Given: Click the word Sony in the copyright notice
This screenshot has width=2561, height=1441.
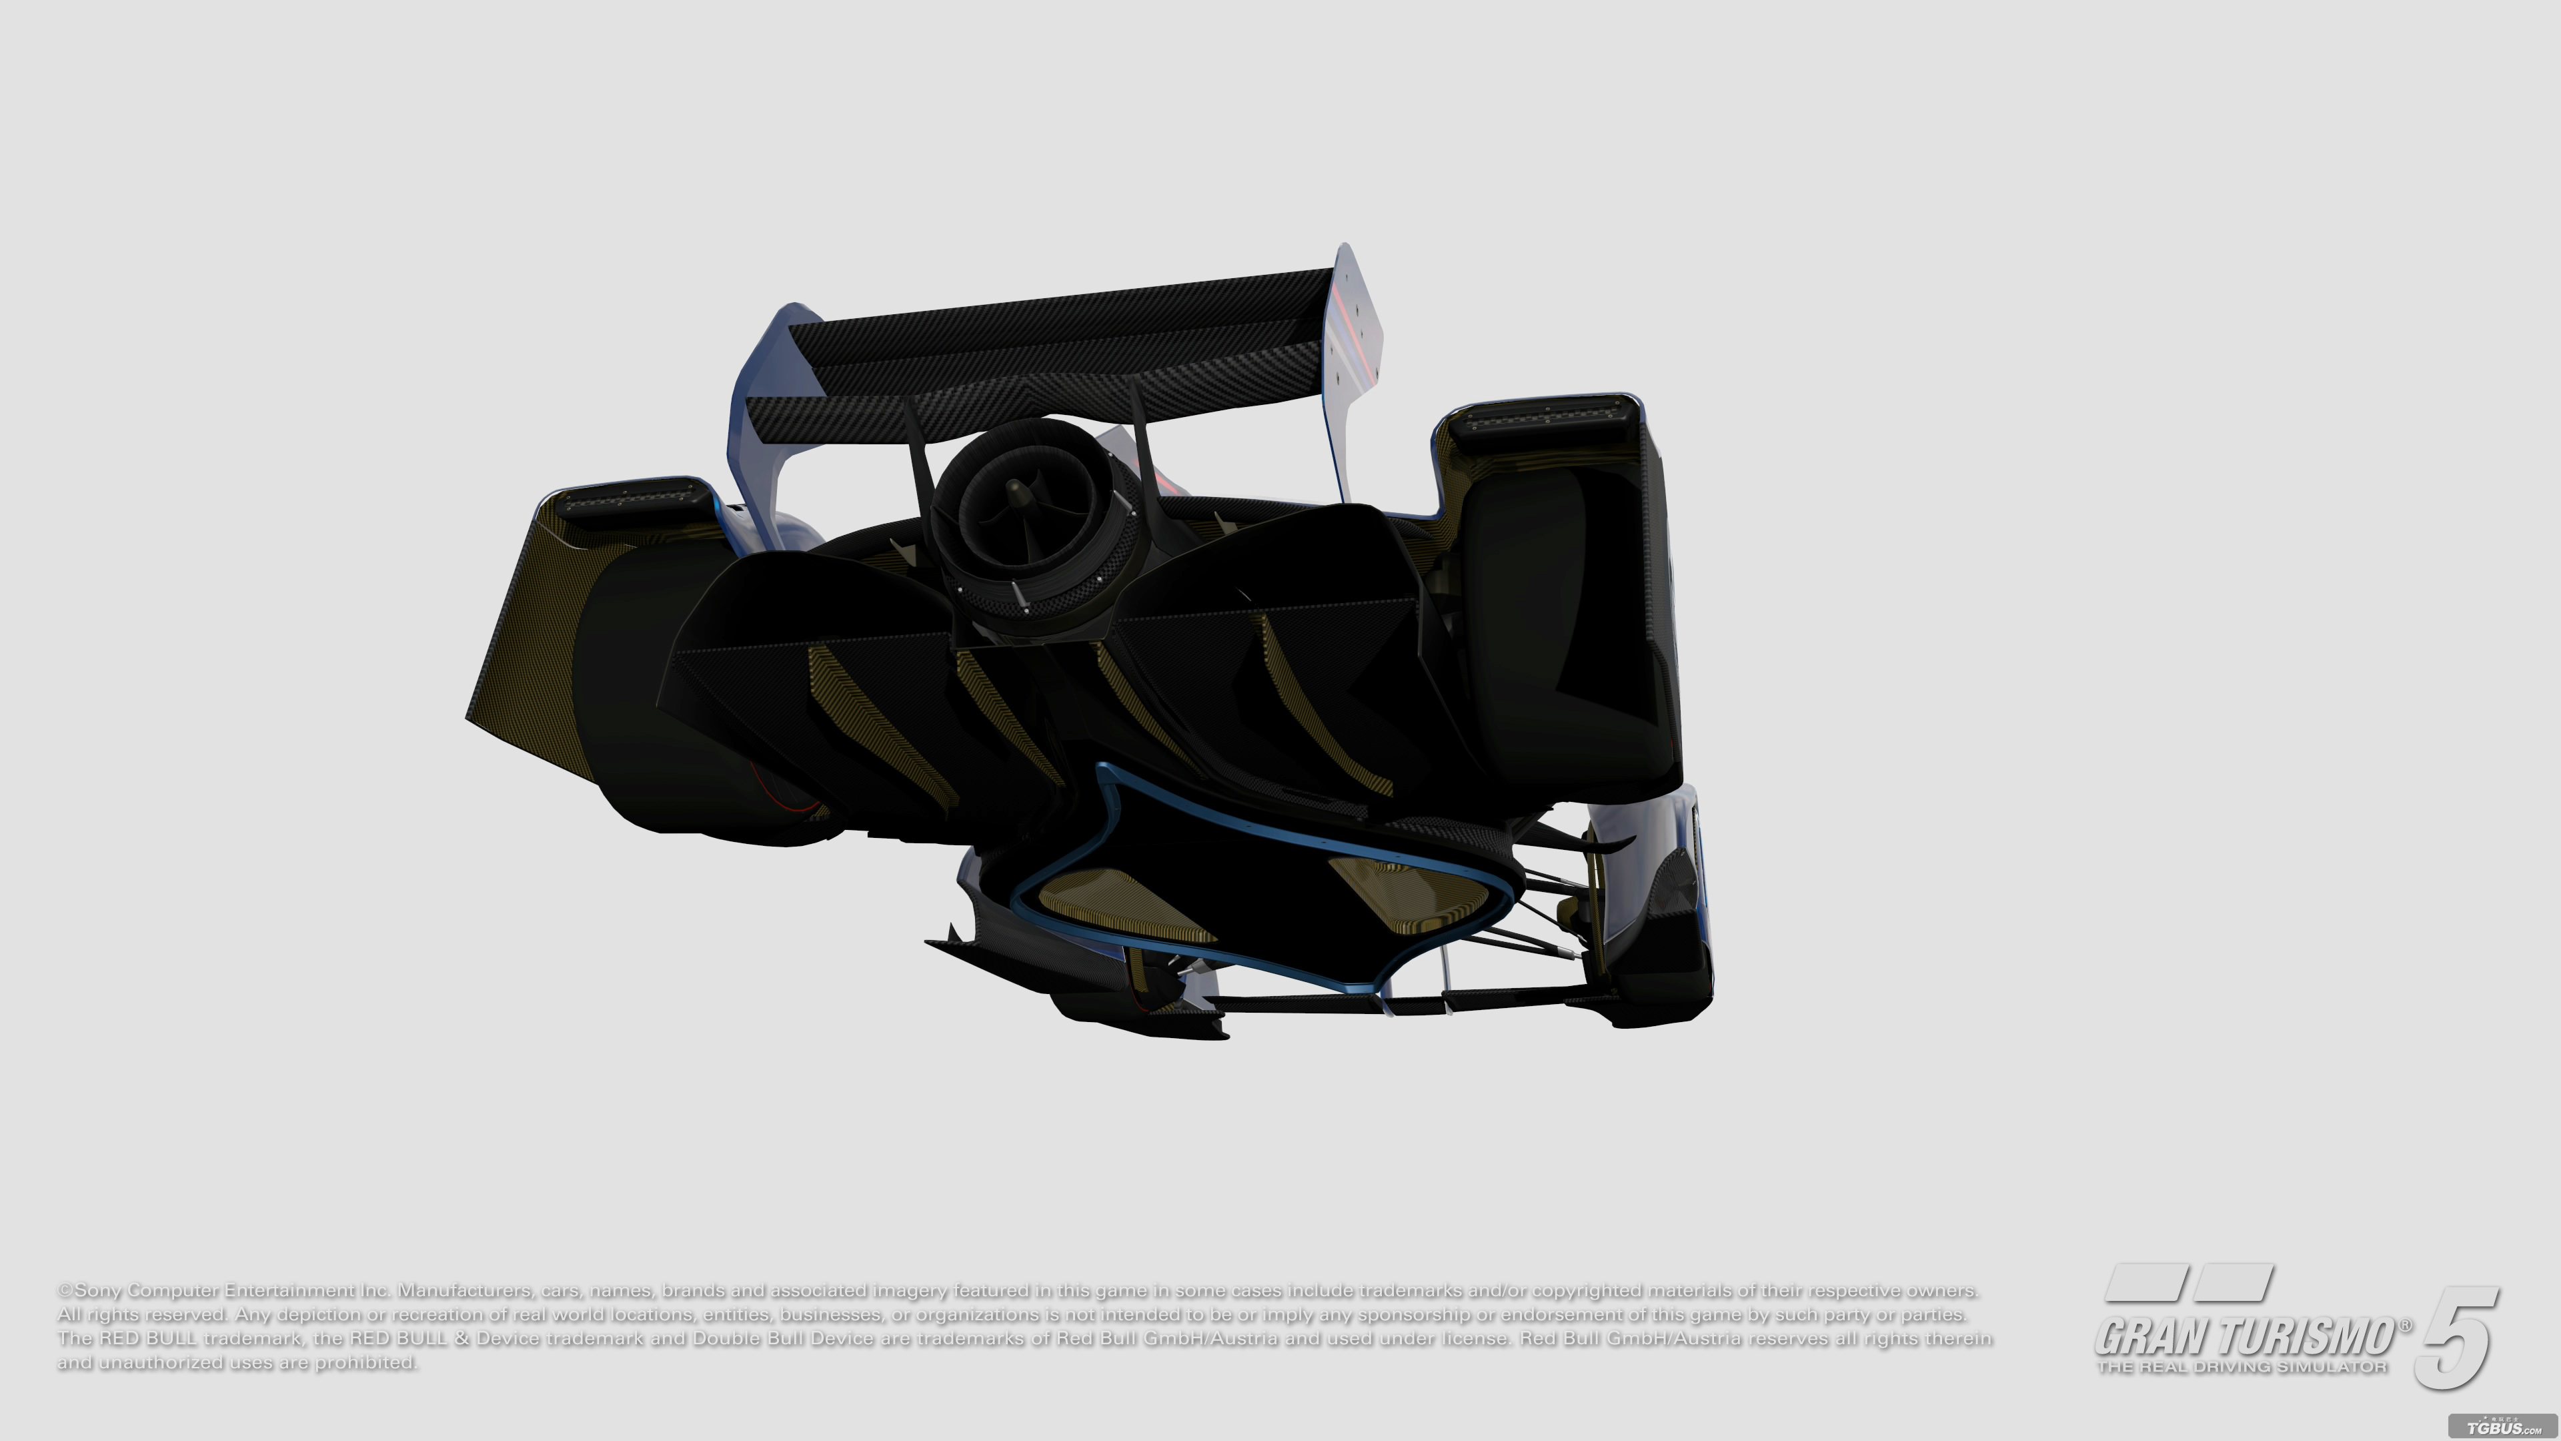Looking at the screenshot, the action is (x=97, y=1291).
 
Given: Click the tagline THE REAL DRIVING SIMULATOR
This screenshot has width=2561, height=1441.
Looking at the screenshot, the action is (x=2242, y=1368).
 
